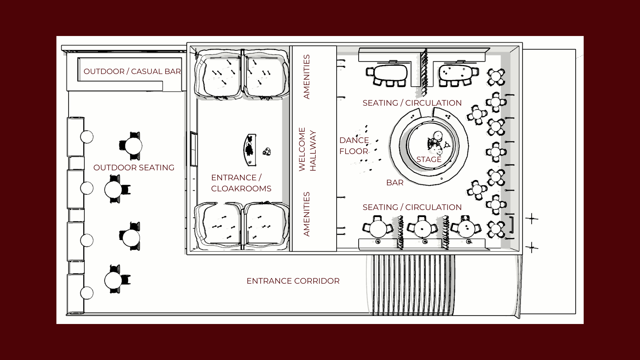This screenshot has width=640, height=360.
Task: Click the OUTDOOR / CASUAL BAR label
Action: pyautogui.click(x=132, y=71)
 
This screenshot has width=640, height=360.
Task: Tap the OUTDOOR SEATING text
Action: pyautogui.click(x=134, y=168)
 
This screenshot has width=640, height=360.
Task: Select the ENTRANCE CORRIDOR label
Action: pyautogui.click(x=293, y=281)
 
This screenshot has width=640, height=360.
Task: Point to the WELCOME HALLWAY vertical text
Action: pyautogui.click(x=307, y=149)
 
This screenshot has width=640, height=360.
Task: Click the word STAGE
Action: pyautogui.click(x=429, y=160)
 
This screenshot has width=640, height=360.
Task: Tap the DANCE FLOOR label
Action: pyautogui.click(x=354, y=146)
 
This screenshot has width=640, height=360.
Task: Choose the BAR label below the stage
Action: pyautogui.click(x=395, y=183)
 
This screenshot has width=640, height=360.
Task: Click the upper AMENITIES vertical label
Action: pyautogui.click(x=306, y=77)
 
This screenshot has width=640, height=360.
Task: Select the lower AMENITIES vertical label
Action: pyautogui.click(x=306, y=214)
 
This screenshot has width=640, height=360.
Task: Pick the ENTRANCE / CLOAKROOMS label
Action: pyautogui.click(x=241, y=183)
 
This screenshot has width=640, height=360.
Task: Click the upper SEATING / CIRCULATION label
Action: pyautogui.click(x=412, y=103)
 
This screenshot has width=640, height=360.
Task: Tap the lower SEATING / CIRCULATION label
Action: pyautogui.click(x=412, y=207)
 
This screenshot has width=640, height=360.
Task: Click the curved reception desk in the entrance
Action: pyautogui.click(x=250, y=150)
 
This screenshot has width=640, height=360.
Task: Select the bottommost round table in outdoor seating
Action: pyautogui.click(x=113, y=280)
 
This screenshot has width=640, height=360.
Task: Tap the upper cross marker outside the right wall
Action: pyautogui.click(x=532, y=219)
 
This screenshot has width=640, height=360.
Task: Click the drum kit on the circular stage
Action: pyautogui.click(x=436, y=142)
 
